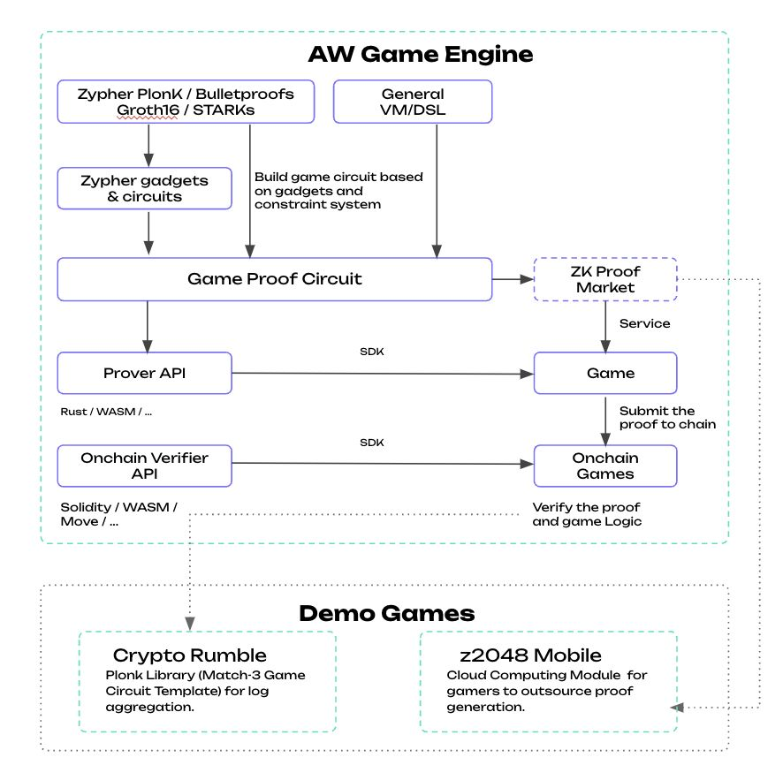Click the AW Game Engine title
(x=420, y=54)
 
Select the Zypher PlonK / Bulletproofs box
(x=186, y=102)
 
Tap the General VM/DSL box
(x=413, y=102)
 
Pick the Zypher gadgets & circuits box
(x=145, y=188)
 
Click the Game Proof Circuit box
(x=274, y=279)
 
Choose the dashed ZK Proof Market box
(x=605, y=279)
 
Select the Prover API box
(x=145, y=373)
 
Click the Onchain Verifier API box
(x=145, y=466)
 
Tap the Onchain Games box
(x=605, y=466)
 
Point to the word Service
(x=644, y=324)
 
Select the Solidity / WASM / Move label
(x=118, y=514)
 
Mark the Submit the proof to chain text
(x=667, y=417)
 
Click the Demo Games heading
(x=386, y=613)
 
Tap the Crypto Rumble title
(x=190, y=655)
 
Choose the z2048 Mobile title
(x=530, y=655)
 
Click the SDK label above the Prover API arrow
(x=372, y=352)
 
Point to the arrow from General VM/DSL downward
(x=435, y=190)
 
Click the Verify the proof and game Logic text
(x=587, y=514)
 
